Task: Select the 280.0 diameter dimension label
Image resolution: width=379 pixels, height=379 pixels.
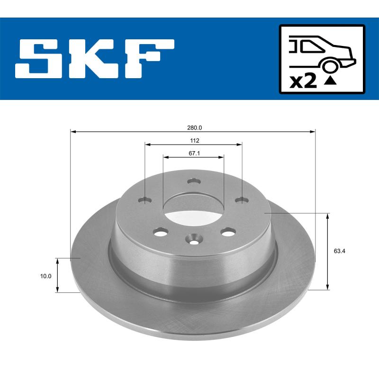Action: coord(194,127)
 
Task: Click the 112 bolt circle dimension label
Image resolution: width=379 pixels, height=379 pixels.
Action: coord(194,140)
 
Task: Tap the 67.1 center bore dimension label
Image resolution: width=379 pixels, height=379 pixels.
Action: coord(194,153)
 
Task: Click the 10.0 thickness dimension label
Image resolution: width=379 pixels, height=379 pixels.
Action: coord(46,275)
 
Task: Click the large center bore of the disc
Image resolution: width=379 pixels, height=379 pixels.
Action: coord(194,209)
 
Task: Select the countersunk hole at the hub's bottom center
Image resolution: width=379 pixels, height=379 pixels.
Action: coord(194,239)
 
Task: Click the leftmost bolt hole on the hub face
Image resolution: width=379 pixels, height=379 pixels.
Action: coord(145,200)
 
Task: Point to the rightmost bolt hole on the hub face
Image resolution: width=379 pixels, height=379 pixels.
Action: coord(242,200)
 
